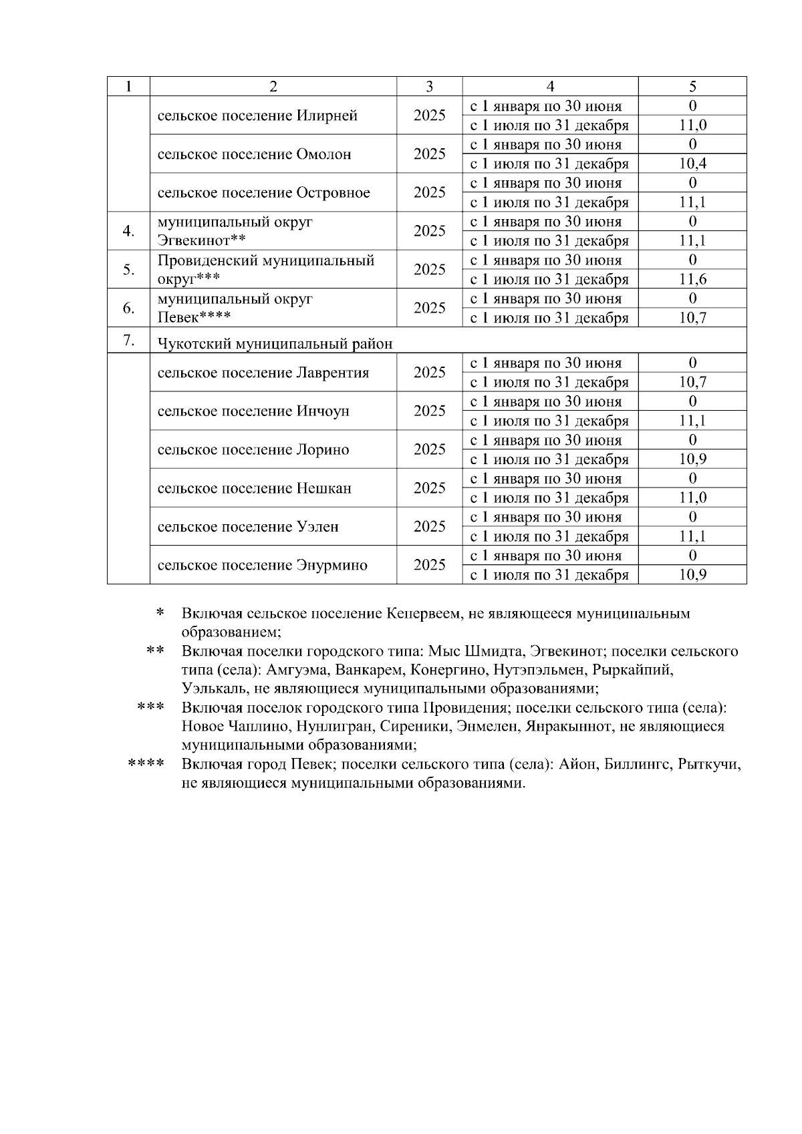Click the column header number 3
(429, 86)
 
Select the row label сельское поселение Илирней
(257, 116)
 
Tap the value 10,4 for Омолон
(692, 164)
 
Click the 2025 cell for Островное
(429, 192)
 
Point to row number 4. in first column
(128, 231)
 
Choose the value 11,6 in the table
(692, 279)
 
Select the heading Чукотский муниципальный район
(275, 344)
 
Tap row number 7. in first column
(128, 341)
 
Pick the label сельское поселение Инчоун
(253, 411)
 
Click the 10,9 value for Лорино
(692, 459)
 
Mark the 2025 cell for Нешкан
(429, 488)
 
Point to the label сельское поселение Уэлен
(248, 527)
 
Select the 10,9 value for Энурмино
(692, 575)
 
